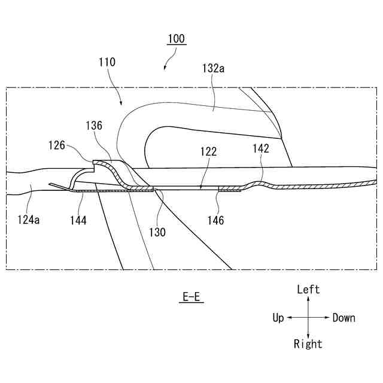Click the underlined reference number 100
[176, 39]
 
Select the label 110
[107, 62]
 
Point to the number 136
[93, 126]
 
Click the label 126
[57, 145]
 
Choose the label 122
[209, 152]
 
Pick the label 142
[261, 149]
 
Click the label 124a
[29, 220]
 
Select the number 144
[78, 220]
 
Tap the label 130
[158, 232]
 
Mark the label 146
[215, 220]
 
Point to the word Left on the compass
[308, 290]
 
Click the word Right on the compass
[308, 344]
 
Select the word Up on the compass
[278, 318]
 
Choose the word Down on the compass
[344, 318]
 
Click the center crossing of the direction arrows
[308, 318]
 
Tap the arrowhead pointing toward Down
[327, 318]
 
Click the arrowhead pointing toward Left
[308, 299]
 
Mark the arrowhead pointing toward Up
[289, 318]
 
